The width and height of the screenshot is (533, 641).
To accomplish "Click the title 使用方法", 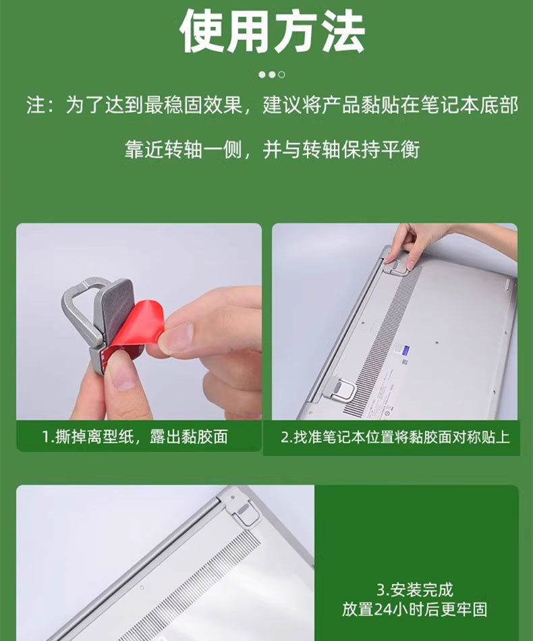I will tap(272, 31).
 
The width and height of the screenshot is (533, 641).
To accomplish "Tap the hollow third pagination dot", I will tap(282, 74).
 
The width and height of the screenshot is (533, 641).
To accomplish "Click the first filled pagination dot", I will tap(262, 74).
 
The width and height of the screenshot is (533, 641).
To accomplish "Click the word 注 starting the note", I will tap(35, 106).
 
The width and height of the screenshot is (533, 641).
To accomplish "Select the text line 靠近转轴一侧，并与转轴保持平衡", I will tap(272, 149).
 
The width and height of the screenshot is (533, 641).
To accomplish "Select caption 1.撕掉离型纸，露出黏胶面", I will tap(135, 437).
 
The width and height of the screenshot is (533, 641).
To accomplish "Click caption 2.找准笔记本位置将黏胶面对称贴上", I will tap(395, 437).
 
